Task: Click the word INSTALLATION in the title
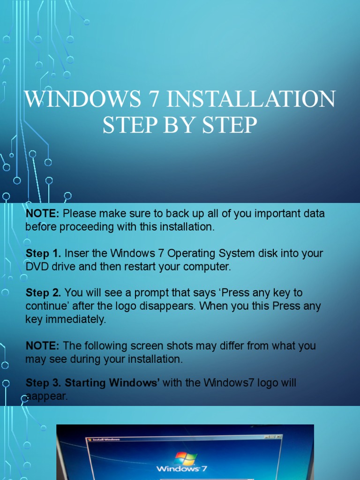[250, 99]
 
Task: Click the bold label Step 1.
[43, 254]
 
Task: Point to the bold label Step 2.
[43, 293]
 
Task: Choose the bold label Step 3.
[43, 383]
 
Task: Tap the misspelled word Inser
[75, 254]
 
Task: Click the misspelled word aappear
[47, 397]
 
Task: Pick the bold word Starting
[85, 383]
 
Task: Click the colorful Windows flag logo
[186, 458]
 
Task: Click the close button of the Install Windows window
[278, 437]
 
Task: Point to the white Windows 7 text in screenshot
[182, 469]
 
